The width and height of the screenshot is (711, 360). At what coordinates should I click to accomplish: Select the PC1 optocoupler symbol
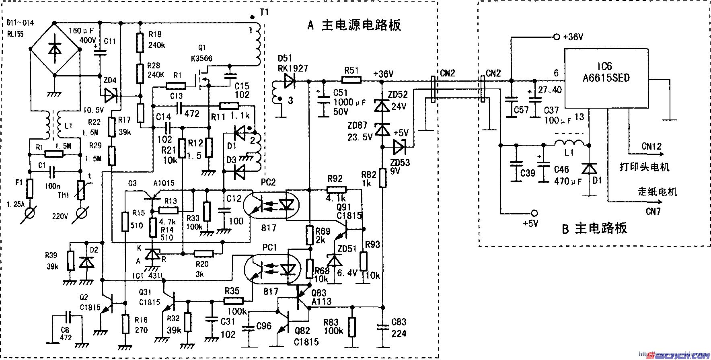click(273, 268)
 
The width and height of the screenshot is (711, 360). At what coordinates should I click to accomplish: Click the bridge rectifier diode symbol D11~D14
click(55, 49)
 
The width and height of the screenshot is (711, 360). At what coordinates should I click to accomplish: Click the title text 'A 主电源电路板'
click(354, 25)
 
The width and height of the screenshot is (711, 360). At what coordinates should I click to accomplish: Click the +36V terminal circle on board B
click(556, 37)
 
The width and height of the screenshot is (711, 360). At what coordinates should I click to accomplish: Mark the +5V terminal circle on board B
click(534, 213)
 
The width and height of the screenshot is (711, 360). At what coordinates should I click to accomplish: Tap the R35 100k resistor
click(234, 300)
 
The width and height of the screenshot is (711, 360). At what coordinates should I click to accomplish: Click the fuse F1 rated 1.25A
click(30, 189)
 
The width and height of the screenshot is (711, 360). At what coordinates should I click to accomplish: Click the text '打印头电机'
click(644, 167)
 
